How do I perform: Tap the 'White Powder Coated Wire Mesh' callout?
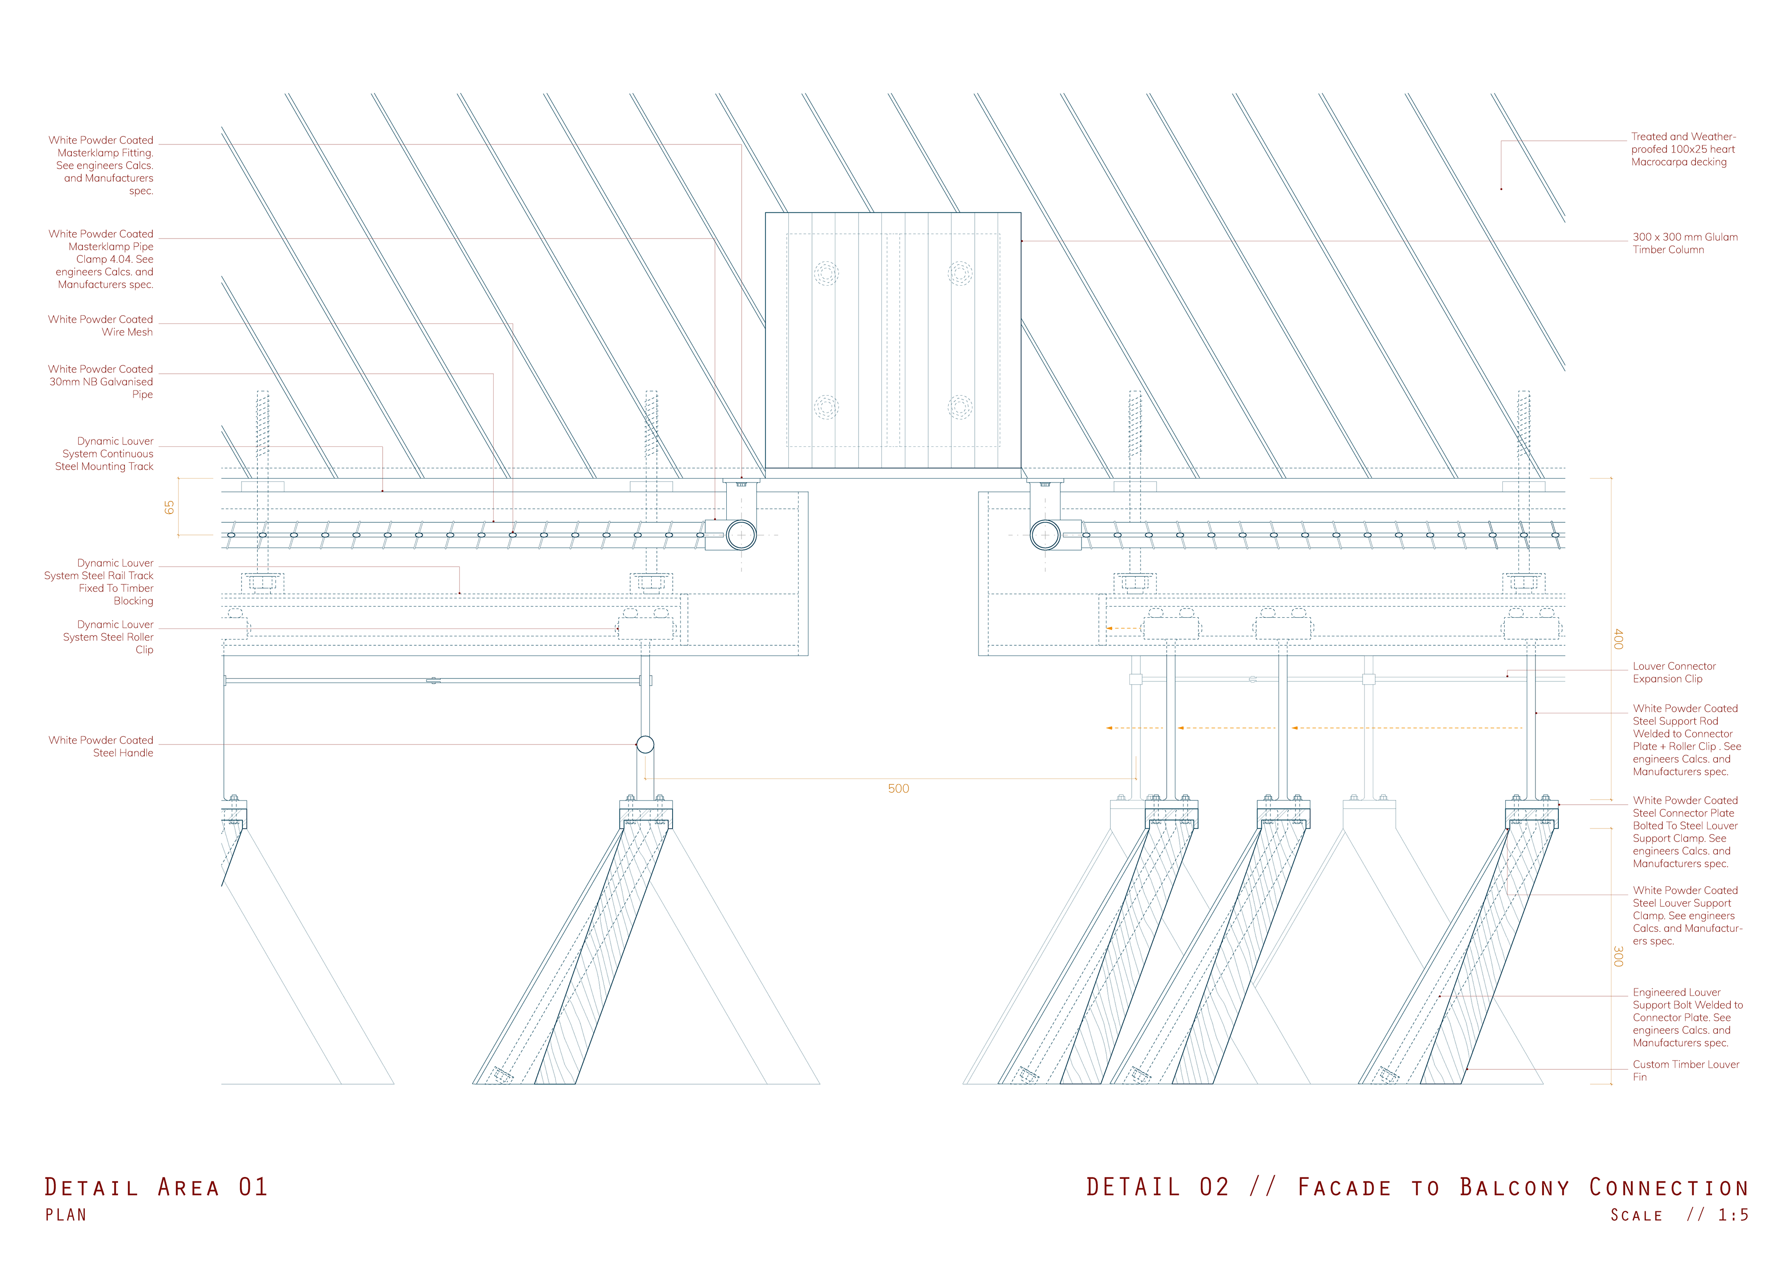(101, 326)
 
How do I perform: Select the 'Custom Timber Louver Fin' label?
(1685, 1070)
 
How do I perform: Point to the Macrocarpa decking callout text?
(1682, 150)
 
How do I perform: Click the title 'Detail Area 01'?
(156, 1187)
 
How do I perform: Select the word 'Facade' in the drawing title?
(1344, 1188)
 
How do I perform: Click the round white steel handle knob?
(646, 745)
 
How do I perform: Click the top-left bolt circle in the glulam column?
(826, 274)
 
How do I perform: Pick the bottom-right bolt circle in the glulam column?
(960, 407)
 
